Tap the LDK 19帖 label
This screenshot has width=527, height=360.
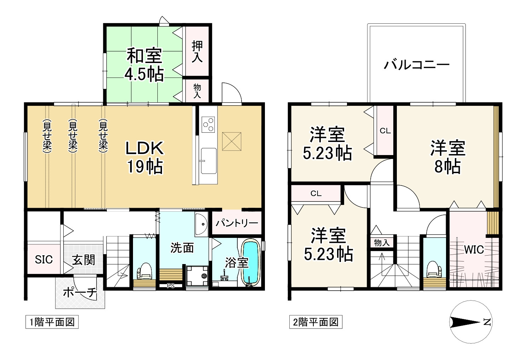(x=145, y=157)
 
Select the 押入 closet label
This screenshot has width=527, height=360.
(x=197, y=52)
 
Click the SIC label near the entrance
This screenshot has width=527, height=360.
(x=44, y=259)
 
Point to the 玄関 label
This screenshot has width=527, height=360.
(x=84, y=260)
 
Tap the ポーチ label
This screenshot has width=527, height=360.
(x=80, y=292)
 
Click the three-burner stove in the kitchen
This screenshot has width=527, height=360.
(x=208, y=124)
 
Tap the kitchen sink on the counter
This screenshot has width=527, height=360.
(x=208, y=161)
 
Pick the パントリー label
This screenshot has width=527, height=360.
(x=237, y=224)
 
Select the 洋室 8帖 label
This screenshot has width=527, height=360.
(x=447, y=157)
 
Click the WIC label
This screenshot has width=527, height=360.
(x=474, y=249)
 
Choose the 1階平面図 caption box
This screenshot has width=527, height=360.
(x=52, y=322)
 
